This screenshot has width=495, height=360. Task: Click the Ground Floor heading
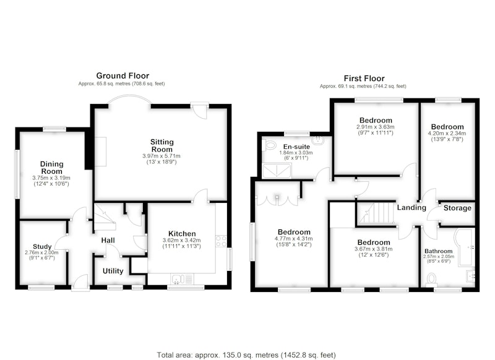pyautogui.click(x=123, y=75)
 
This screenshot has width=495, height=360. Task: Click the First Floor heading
pyautogui.click(x=364, y=78)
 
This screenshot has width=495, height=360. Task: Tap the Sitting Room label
pyautogui.click(x=162, y=145)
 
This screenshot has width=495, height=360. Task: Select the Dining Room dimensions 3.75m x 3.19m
pyautogui.click(x=51, y=178)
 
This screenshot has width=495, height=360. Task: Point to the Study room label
pyautogui.click(x=42, y=246)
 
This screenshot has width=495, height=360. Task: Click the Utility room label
pyautogui.click(x=113, y=271)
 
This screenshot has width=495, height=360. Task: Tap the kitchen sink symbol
pyautogui.click(x=182, y=279)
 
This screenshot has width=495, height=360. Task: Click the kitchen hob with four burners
pyautogui.click(x=221, y=241)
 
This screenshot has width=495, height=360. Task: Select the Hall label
pyautogui.click(x=108, y=241)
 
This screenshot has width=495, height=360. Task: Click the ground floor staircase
pyautogui.click(x=105, y=216)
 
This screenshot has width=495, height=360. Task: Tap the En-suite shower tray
pyautogui.click(x=277, y=171)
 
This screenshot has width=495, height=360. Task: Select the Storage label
pyautogui.click(x=457, y=208)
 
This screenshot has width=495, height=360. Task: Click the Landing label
pyautogui.click(x=411, y=207)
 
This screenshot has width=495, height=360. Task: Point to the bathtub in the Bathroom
pyautogui.click(x=465, y=247)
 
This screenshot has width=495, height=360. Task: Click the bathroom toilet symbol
pyautogui.click(x=431, y=280)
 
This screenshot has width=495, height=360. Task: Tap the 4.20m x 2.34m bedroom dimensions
pyautogui.click(x=447, y=133)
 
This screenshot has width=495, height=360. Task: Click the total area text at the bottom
pyautogui.click(x=246, y=355)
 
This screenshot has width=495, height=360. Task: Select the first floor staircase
pyautogui.click(x=376, y=213)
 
